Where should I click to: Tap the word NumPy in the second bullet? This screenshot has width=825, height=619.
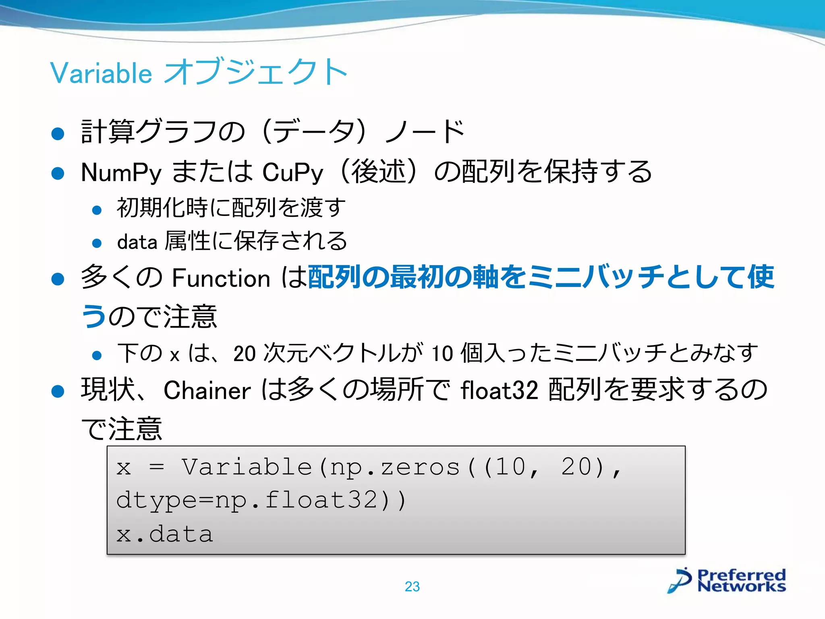121,172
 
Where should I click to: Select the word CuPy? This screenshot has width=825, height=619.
292,172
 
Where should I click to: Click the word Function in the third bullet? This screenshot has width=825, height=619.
221,278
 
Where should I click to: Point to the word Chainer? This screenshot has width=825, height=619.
207,390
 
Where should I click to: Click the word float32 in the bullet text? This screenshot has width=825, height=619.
499,390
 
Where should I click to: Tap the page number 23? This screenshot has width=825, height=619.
412,586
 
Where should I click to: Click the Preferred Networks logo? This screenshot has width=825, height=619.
728,580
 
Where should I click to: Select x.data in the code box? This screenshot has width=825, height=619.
164,534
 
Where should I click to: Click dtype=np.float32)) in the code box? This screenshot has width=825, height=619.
261,500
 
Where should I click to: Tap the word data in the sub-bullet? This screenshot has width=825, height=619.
137,242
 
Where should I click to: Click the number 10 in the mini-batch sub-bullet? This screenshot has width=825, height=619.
442,353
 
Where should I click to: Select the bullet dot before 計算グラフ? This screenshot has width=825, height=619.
58,134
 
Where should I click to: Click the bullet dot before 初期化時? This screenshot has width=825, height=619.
97,210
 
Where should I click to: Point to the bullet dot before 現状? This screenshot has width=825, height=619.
58,391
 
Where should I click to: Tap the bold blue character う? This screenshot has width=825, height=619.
94,316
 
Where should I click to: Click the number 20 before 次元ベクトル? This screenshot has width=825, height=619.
244,353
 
